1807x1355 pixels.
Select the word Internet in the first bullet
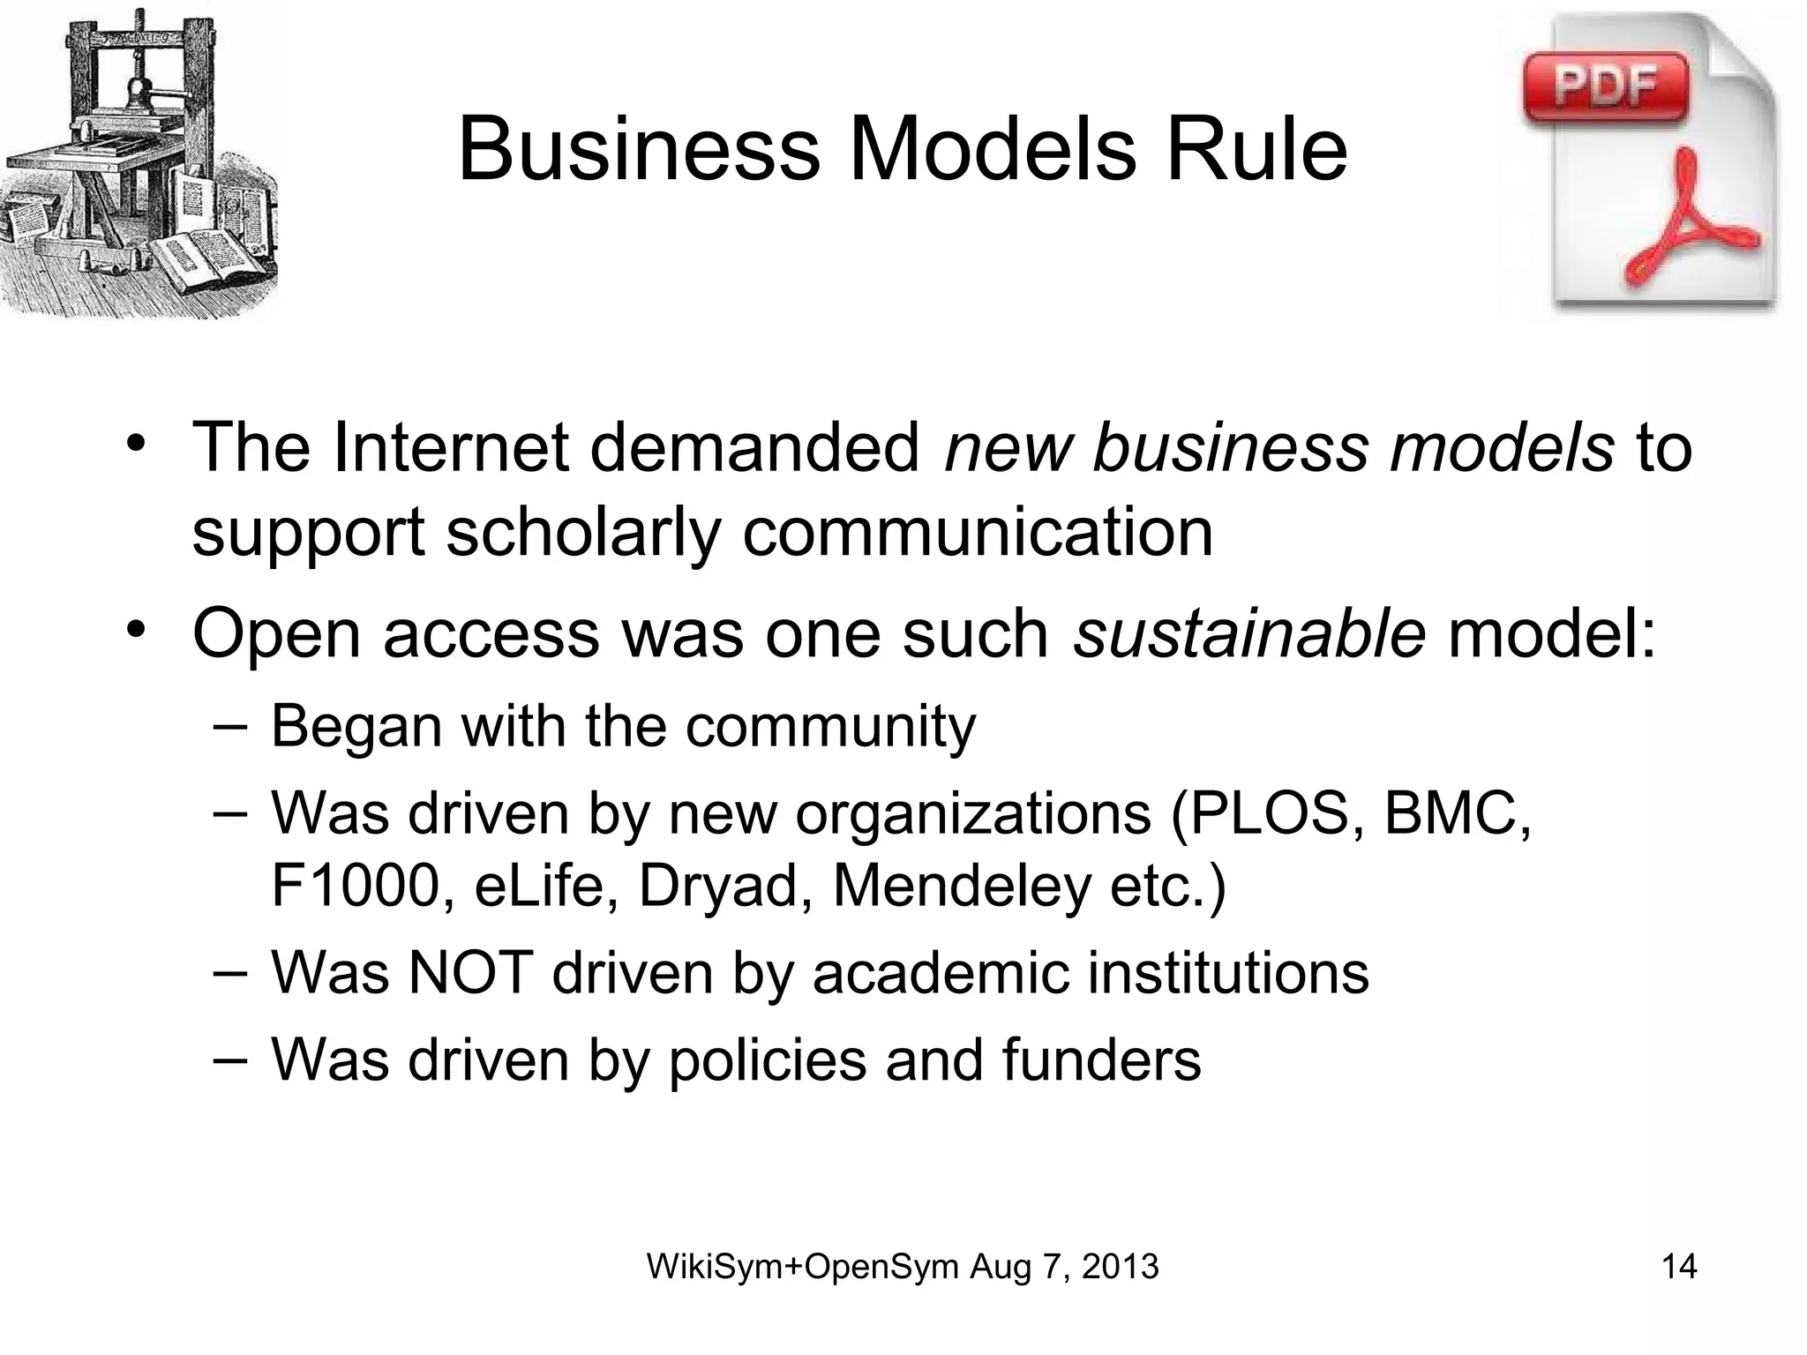451,448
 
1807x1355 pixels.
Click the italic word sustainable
1248,633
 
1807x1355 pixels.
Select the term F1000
354,886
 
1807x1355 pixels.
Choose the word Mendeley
961,886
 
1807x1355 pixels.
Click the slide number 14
1679,1267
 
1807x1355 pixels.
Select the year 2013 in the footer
1120,1267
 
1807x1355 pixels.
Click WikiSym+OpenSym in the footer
802,1267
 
